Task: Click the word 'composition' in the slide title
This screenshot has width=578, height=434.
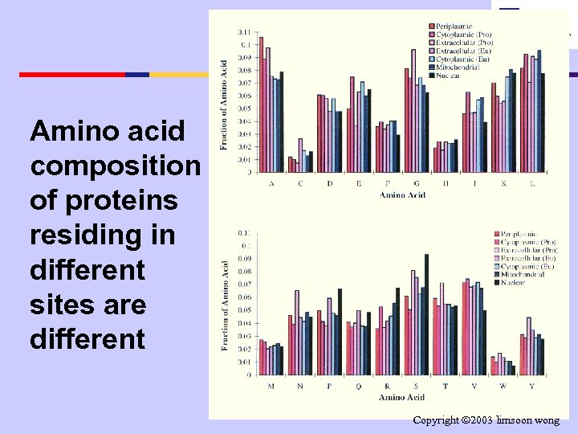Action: (x=115, y=165)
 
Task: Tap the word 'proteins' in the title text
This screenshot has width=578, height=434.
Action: (x=104, y=199)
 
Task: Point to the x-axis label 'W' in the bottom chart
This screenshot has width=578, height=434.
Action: (x=502, y=387)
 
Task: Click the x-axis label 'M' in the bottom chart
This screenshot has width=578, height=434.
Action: (x=270, y=387)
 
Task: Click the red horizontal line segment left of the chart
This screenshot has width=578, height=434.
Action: (x=72, y=74)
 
